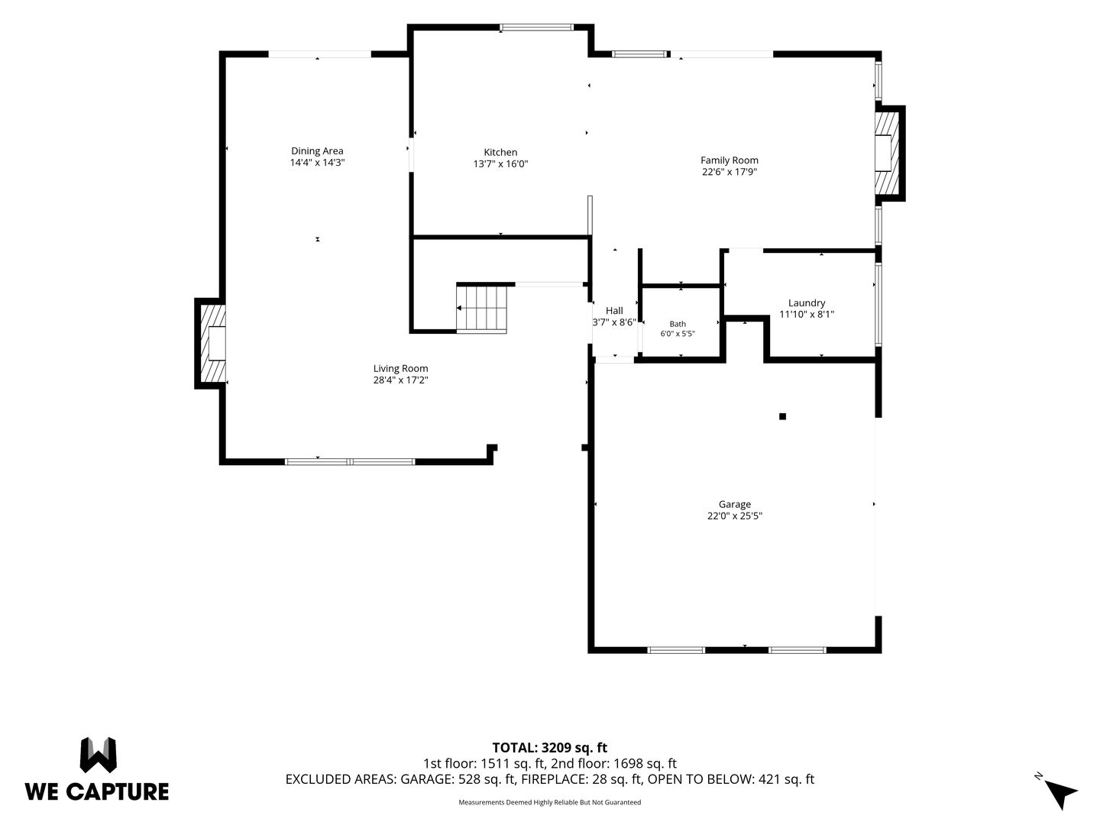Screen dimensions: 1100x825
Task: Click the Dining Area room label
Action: (x=317, y=150)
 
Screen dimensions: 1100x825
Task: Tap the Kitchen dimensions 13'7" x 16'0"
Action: (x=500, y=163)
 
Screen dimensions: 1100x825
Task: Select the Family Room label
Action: (x=730, y=160)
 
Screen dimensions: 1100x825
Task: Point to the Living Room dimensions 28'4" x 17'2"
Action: (x=400, y=380)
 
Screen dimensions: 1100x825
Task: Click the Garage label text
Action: (x=735, y=504)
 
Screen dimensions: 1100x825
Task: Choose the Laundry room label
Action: (x=807, y=303)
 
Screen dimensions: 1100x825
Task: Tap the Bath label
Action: (x=678, y=324)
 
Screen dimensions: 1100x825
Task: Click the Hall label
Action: (x=614, y=311)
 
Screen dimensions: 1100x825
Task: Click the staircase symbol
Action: (x=481, y=308)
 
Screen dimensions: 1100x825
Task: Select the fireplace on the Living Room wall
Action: (x=211, y=344)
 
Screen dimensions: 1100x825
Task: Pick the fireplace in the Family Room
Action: (x=889, y=154)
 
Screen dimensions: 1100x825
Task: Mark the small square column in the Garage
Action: (x=782, y=416)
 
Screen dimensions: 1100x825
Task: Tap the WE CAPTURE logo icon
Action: (x=99, y=755)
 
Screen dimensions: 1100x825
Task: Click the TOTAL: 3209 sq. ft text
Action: (x=550, y=748)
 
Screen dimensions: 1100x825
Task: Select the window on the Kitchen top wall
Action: (x=537, y=27)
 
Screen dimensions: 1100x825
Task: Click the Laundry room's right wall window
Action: (x=878, y=305)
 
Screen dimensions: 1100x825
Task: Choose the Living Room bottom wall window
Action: (x=350, y=462)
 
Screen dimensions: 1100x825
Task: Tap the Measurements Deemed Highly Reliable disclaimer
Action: (x=550, y=802)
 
